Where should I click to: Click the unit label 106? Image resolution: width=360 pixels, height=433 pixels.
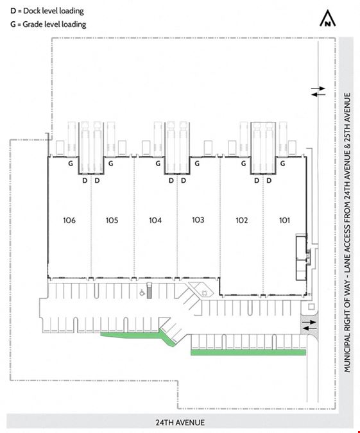tap(69, 221)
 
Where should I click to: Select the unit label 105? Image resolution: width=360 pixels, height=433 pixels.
tap(112, 221)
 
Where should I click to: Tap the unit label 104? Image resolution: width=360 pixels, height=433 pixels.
tap(155, 221)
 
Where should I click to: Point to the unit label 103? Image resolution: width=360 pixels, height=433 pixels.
tap(198, 220)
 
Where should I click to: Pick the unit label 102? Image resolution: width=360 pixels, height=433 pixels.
tap(241, 221)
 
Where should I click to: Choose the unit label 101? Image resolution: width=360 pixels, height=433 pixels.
tap(284, 221)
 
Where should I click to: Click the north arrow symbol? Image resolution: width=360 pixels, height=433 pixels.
tap(328, 18)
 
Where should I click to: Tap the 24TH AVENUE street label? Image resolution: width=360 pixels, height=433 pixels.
tap(180, 423)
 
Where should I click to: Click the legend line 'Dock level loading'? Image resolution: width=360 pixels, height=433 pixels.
tap(47, 11)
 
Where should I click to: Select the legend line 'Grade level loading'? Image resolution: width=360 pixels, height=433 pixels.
tap(48, 24)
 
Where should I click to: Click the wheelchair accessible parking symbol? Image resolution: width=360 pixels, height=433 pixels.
tap(142, 293)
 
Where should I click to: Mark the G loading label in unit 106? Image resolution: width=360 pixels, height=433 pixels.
tap(71, 164)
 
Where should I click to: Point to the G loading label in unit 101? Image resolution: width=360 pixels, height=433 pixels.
tap(282, 164)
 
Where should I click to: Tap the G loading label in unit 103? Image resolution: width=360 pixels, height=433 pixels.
tap(197, 164)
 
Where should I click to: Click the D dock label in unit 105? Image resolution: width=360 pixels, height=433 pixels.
tap(97, 181)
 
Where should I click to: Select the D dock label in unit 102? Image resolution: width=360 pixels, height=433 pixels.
tap(257, 181)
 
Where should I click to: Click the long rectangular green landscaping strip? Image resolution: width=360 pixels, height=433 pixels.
tap(248, 352)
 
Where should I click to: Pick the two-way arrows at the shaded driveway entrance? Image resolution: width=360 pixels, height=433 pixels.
tap(309, 325)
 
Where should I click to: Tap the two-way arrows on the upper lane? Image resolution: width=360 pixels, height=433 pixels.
tap(318, 91)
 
